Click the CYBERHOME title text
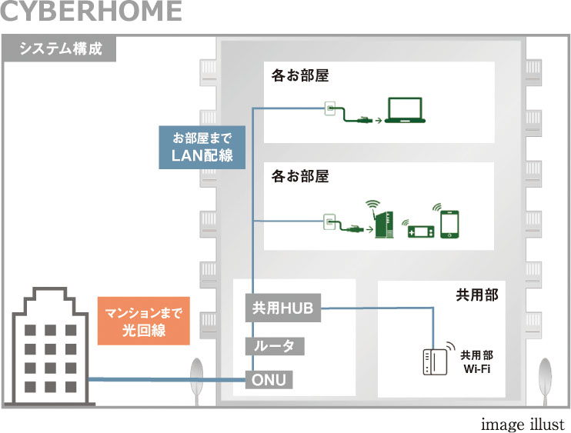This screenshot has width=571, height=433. click(x=92, y=12)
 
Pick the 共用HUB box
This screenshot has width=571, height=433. click(x=282, y=308)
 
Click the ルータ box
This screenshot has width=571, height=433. click(x=274, y=346)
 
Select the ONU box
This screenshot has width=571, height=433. click(x=269, y=379)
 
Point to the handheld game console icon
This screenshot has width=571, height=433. click(x=419, y=228)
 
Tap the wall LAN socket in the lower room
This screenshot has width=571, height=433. click(x=329, y=223)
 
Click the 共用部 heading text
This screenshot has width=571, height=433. click(x=478, y=295)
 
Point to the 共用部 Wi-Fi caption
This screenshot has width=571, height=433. click(x=477, y=362)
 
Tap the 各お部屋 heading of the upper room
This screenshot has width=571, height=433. click(x=299, y=77)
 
